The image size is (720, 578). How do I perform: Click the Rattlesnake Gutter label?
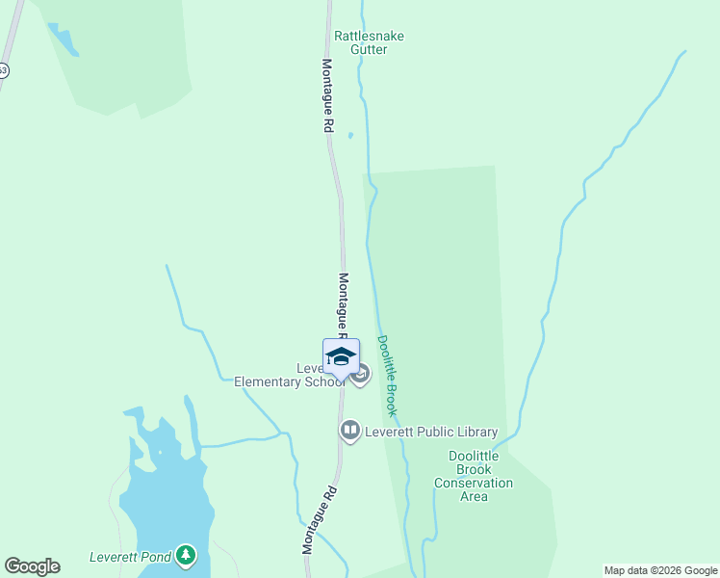[x=369, y=42]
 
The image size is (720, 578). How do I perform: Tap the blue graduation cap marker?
[x=341, y=357]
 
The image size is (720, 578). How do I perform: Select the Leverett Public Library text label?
[x=430, y=432]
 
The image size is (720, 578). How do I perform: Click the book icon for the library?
[x=349, y=431]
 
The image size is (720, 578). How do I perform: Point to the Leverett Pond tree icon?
[x=186, y=556]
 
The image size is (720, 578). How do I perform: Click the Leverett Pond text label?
[x=130, y=557]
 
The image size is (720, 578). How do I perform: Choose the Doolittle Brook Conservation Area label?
[x=474, y=476]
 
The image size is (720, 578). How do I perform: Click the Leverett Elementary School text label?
[x=289, y=376]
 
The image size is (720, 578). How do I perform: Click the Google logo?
[x=32, y=566]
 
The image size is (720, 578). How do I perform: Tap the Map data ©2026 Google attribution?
[x=661, y=570]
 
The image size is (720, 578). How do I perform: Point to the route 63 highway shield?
[x=3, y=70]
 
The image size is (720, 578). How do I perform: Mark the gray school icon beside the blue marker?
[x=361, y=375]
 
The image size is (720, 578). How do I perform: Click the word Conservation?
[x=474, y=483]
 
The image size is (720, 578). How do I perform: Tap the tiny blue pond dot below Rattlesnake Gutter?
[x=350, y=135]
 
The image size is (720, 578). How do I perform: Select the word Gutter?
[x=369, y=49]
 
